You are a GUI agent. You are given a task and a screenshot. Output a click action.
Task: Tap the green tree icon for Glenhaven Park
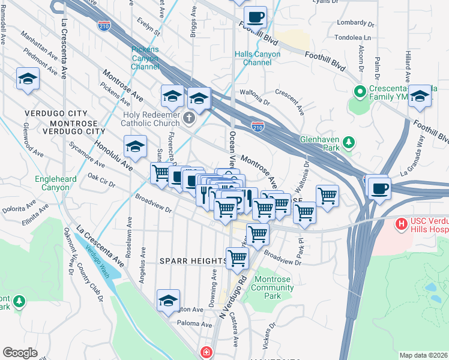click(348, 143)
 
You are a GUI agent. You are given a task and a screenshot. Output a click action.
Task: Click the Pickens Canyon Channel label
click(145, 58)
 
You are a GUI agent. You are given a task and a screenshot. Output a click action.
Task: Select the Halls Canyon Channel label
click(258, 58)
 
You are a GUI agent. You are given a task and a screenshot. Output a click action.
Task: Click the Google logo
click(20, 353)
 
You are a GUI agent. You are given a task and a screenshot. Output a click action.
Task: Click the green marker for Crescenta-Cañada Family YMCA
click(360, 92)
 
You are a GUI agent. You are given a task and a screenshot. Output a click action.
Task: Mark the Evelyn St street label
click(147, 26)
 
